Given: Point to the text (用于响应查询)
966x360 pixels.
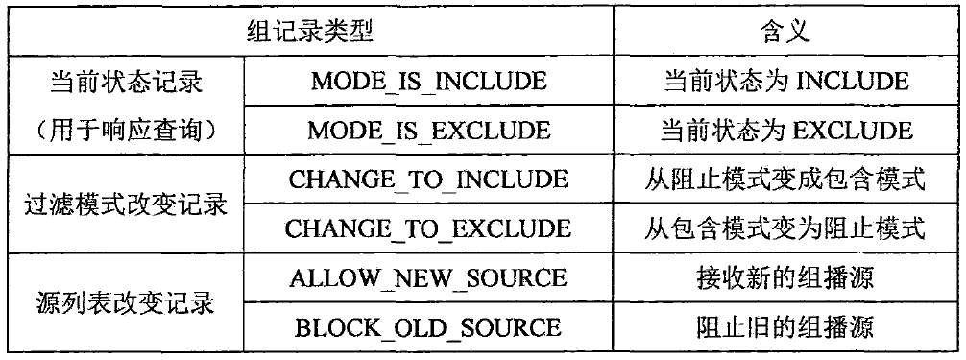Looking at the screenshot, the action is pos(125,130).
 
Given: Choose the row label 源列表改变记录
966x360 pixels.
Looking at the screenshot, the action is pos(125,302).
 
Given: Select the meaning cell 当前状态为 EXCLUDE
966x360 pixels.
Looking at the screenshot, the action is pos(785,130).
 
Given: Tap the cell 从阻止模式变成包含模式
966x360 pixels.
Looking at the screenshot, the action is pos(785,179).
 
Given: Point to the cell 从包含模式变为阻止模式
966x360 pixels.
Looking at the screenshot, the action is pos(785,228).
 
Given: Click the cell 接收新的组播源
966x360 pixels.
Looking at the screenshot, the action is pos(785,277).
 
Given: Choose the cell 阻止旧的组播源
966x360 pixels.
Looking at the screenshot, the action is pos(785,327).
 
